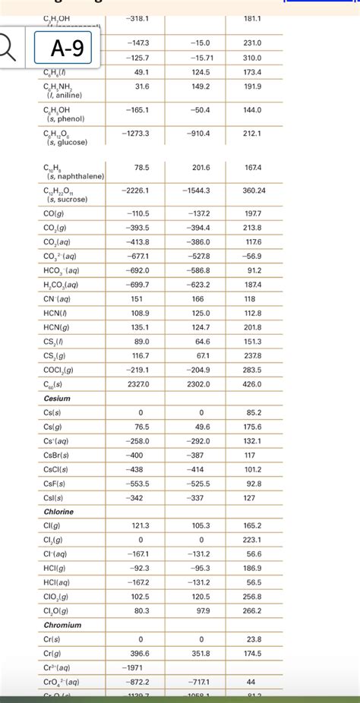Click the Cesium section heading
pos(58,398)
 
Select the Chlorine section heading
pos(59,511)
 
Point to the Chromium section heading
pos(62,624)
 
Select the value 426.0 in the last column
pos(253,383)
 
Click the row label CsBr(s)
pos(56,455)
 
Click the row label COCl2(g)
pos(58,370)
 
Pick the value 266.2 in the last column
pos(253,610)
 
